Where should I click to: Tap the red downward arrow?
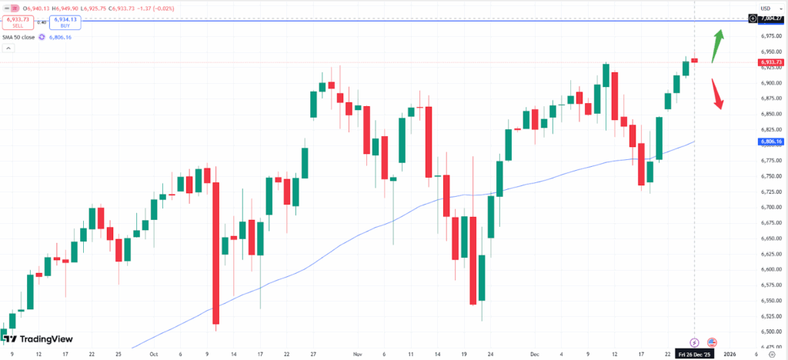tap(717, 94)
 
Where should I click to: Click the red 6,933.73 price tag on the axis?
tap(770, 62)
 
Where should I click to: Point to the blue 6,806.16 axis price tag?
tap(770, 142)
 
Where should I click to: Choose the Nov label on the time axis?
tap(357, 355)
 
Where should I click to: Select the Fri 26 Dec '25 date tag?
tap(695, 355)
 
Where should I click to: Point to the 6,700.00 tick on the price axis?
tap(770, 207)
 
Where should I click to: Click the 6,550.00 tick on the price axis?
tap(770, 316)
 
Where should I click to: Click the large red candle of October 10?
tap(216, 254)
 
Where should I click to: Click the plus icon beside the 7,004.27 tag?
tap(752, 18)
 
